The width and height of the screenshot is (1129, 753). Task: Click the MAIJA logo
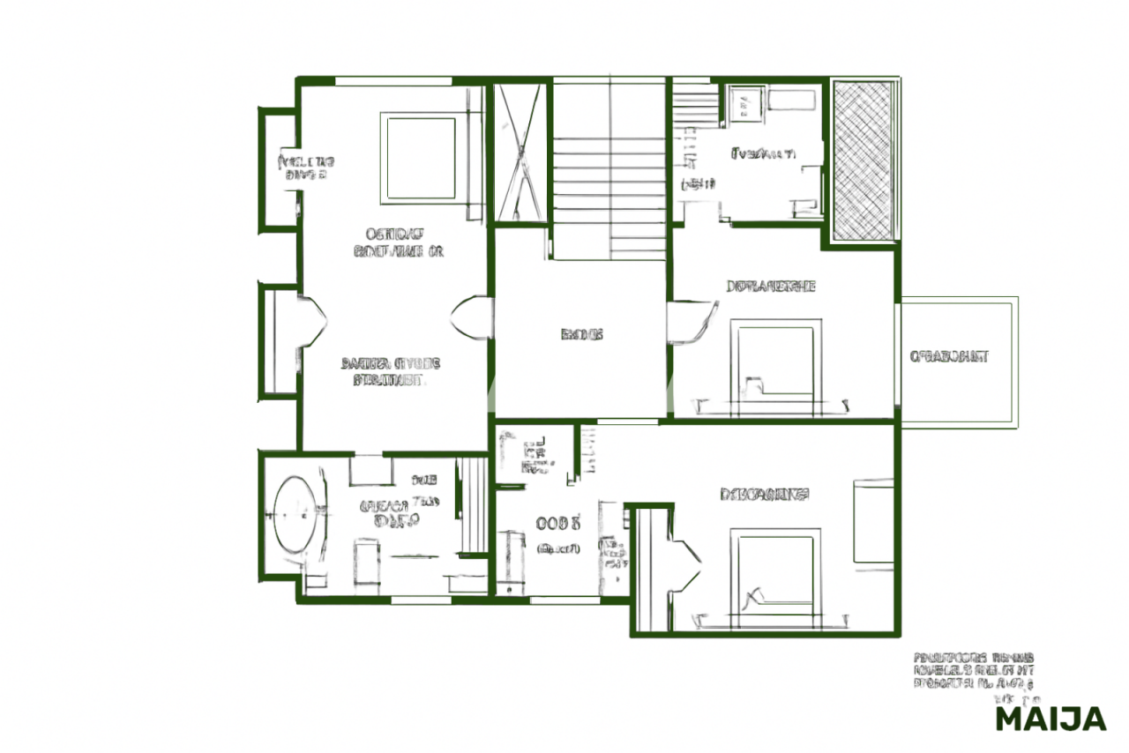1050,719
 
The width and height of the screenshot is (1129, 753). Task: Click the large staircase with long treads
609,172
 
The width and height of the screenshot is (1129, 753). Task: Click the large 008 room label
557,522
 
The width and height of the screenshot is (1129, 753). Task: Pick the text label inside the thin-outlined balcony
949,357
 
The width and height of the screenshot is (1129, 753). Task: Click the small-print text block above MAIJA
973,670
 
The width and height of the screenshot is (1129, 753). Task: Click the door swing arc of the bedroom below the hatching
692,321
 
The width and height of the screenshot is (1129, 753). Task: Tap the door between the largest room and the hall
471,318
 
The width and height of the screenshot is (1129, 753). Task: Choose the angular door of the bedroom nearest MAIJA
684,564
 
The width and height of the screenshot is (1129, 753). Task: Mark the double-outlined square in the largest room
419,157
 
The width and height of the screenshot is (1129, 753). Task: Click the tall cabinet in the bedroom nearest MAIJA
873,520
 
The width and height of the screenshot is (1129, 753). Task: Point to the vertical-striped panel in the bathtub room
474,507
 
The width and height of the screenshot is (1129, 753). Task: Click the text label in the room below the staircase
582,335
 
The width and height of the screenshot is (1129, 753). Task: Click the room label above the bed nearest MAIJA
764,495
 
